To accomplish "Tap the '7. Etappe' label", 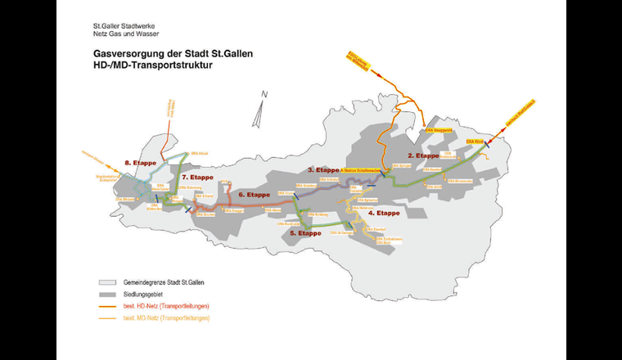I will [197, 177].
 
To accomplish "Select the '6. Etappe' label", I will [254, 195].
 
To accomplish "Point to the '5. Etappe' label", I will [304, 233].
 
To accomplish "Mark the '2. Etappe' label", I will [424, 155].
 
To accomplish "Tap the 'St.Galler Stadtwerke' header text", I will [122, 25].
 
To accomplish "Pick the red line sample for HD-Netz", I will [103, 305].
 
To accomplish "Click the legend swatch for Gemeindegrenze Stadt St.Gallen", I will [103, 282].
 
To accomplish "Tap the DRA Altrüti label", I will [198, 153].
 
